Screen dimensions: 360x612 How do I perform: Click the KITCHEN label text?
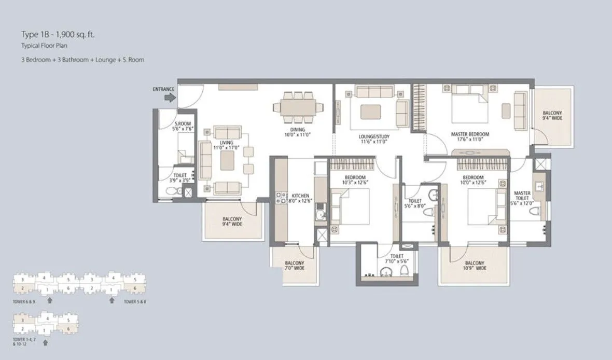coord(300,196)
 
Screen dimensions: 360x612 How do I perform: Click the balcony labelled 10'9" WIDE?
coord(474,263)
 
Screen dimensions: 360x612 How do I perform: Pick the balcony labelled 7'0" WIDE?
coord(294,263)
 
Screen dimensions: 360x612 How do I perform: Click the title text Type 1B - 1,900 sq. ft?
coord(58,35)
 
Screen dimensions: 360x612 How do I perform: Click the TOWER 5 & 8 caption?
coord(135,301)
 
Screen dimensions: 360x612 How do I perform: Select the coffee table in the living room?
coord(227,160)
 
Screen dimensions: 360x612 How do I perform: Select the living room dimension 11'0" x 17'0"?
coord(226,148)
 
